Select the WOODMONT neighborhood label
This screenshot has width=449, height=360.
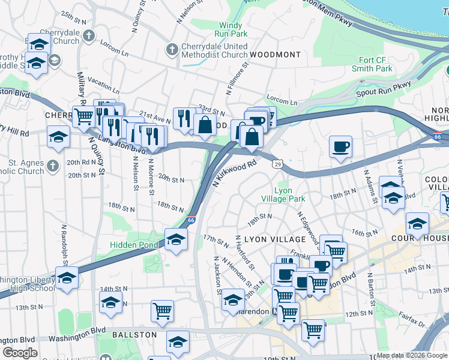point(275,55)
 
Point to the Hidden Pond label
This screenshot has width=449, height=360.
point(133,245)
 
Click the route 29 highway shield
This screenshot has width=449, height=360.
point(277,163)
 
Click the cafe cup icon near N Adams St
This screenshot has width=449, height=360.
point(340,147)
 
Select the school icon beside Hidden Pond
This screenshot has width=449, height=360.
point(176,239)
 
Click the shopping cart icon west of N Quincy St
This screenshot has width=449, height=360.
point(83,116)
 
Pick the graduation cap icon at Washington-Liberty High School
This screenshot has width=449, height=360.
point(67,278)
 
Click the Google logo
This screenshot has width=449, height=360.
point(20,353)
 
